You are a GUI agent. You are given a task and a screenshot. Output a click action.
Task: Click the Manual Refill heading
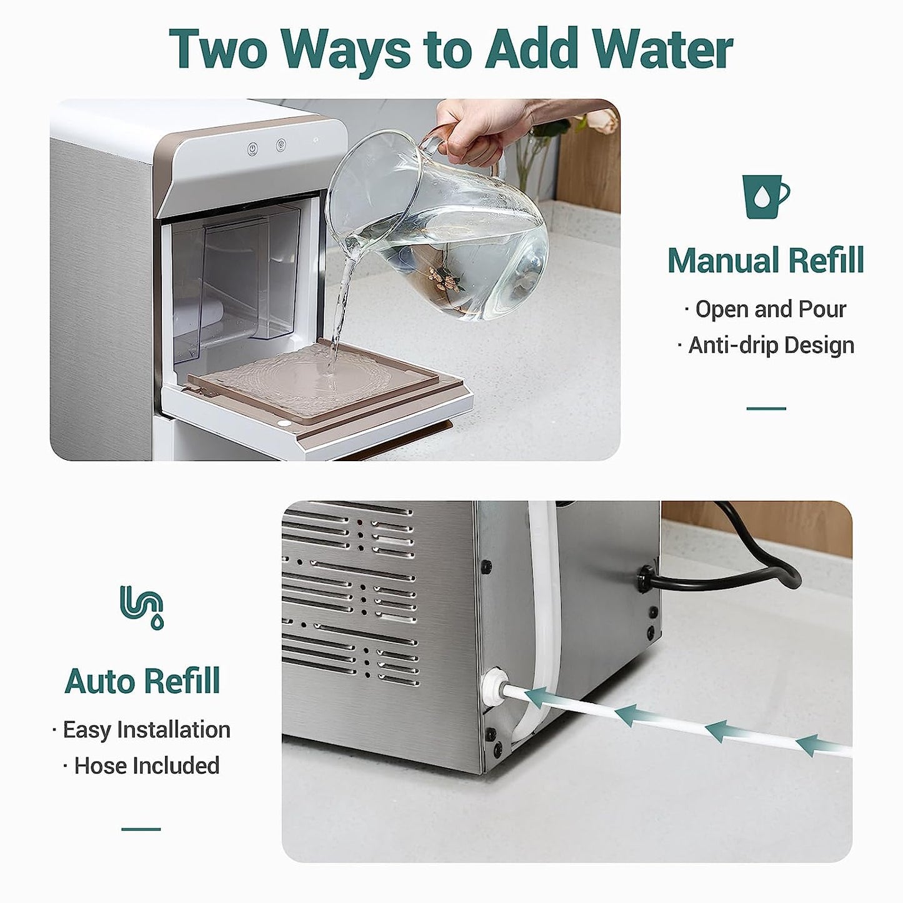[x=766, y=260]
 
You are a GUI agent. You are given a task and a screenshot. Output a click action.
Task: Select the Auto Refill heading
[x=142, y=681]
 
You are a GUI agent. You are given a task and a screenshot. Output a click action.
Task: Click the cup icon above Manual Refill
[x=765, y=196]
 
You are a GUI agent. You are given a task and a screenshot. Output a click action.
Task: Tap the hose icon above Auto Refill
[x=142, y=607]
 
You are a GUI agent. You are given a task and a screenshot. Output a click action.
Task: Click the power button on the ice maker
[x=252, y=149]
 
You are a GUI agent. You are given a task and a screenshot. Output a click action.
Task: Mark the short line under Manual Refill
[x=766, y=409]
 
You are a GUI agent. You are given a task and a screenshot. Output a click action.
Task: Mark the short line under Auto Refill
[x=141, y=829]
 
